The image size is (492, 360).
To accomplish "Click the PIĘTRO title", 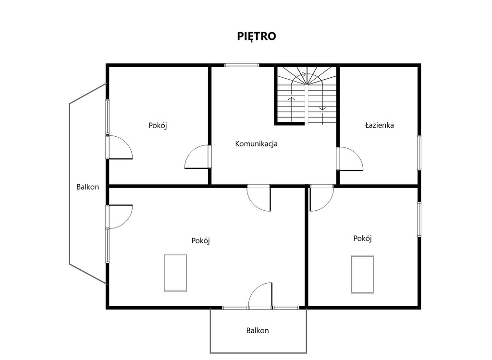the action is click(257, 36).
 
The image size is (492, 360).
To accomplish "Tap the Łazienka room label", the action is click(380, 125).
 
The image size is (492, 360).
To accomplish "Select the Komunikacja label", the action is click(257, 144).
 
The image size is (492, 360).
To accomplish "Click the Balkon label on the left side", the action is click(87, 187).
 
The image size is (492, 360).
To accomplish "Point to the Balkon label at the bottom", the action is click(258, 331).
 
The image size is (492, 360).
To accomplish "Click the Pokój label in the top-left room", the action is click(158, 125).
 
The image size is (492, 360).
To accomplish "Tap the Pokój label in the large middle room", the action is click(200, 240).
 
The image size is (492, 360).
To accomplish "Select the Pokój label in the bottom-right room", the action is click(362, 239).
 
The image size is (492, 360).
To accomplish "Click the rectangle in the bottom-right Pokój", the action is click(362, 275).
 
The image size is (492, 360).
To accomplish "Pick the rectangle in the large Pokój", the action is click(175, 273).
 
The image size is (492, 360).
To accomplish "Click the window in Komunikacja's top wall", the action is click(242, 65).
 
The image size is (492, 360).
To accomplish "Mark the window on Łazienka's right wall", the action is click(419, 153).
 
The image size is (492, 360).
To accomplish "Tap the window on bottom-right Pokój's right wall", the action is click(419, 219).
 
